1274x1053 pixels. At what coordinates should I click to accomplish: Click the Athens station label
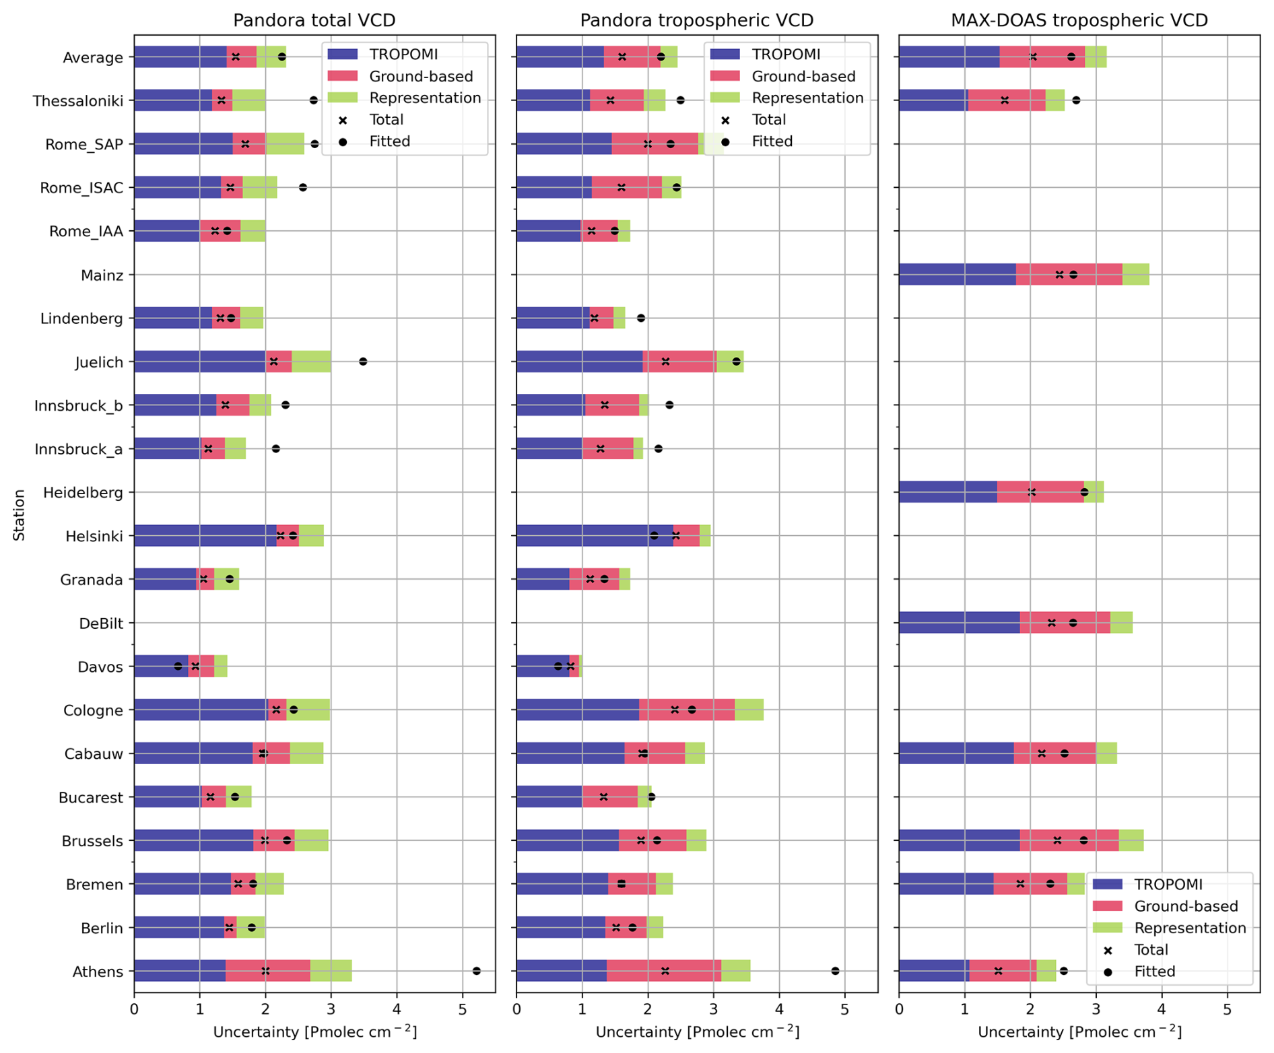coord(98,972)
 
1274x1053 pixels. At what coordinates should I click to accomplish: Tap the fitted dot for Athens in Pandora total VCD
coord(477,971)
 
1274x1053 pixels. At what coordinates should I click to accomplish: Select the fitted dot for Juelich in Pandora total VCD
coord(363,362)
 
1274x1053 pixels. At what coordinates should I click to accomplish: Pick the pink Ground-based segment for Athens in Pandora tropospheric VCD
coord(663,971)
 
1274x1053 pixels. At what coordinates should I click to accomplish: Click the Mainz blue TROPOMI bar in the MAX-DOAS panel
coord(956,275)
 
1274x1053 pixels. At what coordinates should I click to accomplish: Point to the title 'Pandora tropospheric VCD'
coord(696,20)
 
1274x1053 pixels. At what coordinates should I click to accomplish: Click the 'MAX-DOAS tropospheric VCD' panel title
coord(1079,20)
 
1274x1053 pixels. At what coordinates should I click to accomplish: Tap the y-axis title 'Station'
coord(19,515)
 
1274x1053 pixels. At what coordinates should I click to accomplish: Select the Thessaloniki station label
coord(78,101)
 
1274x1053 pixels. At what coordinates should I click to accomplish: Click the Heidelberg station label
coord(83,493)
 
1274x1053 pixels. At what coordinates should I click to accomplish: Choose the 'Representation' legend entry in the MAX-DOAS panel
coord(1189,928)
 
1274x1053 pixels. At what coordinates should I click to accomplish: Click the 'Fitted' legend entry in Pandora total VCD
coord(389,141)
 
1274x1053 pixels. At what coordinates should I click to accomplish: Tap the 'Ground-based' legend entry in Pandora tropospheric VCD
coord(803,76)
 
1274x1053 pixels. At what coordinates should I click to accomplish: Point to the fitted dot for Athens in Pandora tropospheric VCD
coord(835,971)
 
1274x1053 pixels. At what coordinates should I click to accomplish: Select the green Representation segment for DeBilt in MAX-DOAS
coord(1121,623)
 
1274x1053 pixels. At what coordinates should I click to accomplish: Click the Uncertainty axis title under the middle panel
coord(697,1031)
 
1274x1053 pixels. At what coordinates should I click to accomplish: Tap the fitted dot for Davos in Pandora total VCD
coord(178,667)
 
